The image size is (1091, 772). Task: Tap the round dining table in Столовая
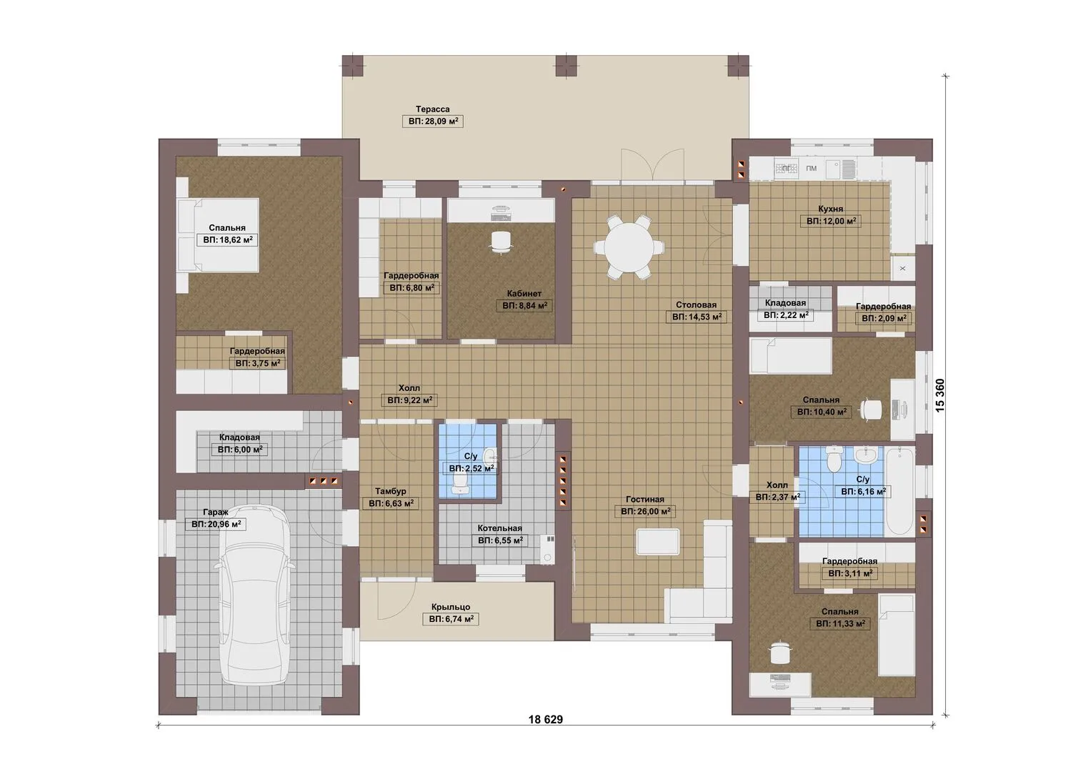tap(629, 247)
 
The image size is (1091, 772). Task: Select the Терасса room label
tap(432, 109)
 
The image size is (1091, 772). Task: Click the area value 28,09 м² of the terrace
tap(433, 122)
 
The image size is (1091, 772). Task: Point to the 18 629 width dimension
tap(546, 720)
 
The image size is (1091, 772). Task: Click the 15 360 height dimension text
tap(940, 395)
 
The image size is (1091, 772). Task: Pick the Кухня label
tap(831, 209)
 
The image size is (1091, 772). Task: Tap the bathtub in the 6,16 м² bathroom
tap(900, 492)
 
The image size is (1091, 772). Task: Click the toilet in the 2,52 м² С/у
tap(459, 483)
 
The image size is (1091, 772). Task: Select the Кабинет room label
tap(524, 293)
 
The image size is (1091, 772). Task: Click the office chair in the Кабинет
tap(501, 242)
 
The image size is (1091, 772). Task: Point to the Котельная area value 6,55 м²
tap(500, 540)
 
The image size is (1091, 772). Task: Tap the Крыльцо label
tap(451, 607)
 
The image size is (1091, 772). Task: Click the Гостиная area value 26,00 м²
tap(645, 512)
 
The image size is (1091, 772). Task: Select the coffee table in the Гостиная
tap(657, 542)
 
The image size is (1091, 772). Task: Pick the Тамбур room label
tap(391, 491)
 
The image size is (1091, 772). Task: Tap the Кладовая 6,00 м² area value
tap(239, 450)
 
